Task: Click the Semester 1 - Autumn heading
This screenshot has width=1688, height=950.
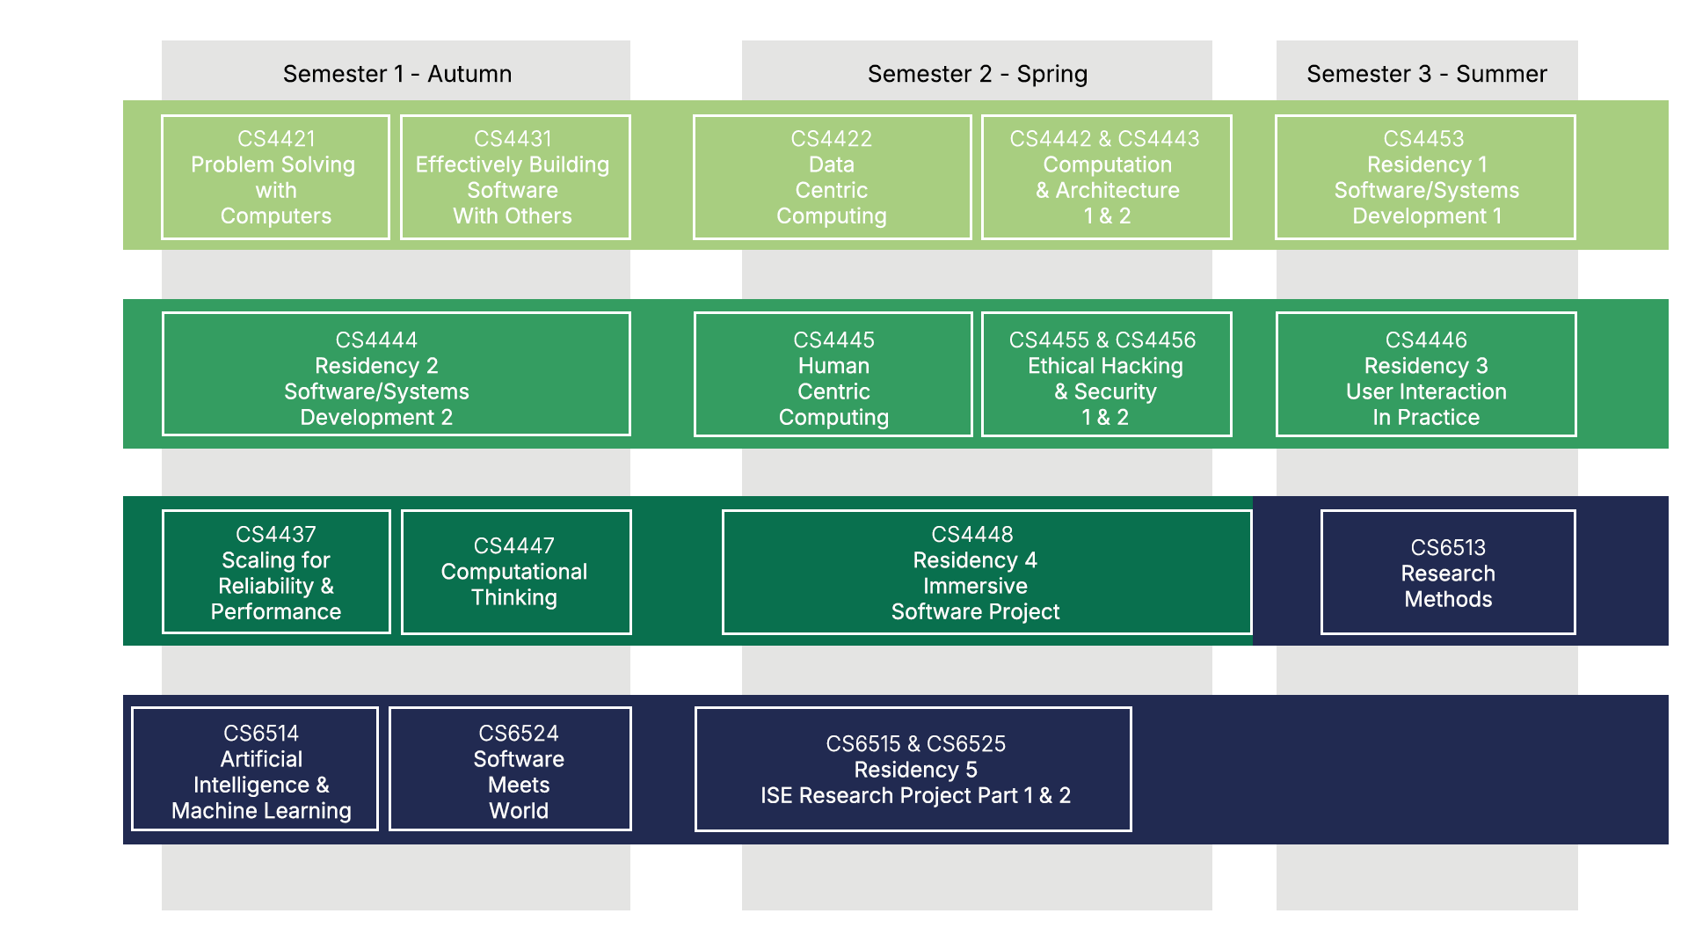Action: coord(397,74)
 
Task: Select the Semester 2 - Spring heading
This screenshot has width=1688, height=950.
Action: coord(977,74)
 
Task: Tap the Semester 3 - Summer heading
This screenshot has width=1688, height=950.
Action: coord(1426,74)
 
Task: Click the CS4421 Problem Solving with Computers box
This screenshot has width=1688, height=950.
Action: coord(275,178)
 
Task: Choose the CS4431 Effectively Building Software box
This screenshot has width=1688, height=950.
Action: coord(515,178)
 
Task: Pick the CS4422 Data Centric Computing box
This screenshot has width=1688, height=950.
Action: coord(832,178)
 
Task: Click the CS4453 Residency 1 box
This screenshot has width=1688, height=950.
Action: coord(1425,178)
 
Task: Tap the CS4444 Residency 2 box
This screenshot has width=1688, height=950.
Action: coord(396,375)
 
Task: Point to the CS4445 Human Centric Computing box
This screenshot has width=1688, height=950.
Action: coord(833,375)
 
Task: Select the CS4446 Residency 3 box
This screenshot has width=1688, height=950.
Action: coord(1425,375)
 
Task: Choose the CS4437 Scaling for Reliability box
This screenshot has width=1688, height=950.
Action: coord(276,572)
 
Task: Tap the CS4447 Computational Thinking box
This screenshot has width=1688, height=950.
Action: coord(515,572)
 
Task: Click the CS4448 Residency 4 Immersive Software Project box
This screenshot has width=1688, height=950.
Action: coord(986,572)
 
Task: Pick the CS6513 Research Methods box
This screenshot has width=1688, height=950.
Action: coord(1447,573)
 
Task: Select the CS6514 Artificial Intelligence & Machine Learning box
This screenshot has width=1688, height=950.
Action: coord(255,769)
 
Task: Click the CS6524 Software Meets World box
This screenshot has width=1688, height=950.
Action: coord(510,769)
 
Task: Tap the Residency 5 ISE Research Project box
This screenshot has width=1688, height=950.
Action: coord(913,770)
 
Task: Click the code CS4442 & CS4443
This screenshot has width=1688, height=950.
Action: coord(1104,139)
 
